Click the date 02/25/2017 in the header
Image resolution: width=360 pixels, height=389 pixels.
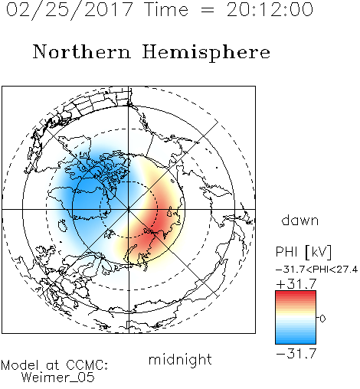(70, 10)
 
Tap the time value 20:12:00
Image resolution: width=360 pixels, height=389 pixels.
(270, 10)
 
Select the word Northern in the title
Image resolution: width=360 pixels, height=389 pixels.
(82, 52)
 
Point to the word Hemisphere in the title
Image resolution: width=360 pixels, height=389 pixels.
(206, 53)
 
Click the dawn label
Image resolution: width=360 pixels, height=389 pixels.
(300, 220)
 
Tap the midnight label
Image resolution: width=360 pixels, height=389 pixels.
(180, 359)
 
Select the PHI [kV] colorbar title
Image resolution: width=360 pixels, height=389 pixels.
(303, 252)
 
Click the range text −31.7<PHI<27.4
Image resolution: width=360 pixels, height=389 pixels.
(316, 270)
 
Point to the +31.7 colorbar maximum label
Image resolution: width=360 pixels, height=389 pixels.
(296, 284)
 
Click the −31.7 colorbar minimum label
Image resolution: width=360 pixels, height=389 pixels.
(296, 354)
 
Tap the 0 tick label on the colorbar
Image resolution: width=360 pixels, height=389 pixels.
(322, 319)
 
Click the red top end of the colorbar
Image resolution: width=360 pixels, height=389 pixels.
(296, 293)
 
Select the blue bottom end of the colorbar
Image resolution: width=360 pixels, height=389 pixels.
(296, 342)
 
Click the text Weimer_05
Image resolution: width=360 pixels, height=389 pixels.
(58, 378)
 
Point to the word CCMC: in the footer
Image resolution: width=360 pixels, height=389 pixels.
(87, 365)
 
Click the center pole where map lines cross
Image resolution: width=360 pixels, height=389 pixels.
(129, 210)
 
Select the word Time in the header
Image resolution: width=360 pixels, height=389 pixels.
(166, 10)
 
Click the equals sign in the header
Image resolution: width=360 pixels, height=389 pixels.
(208, 10)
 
